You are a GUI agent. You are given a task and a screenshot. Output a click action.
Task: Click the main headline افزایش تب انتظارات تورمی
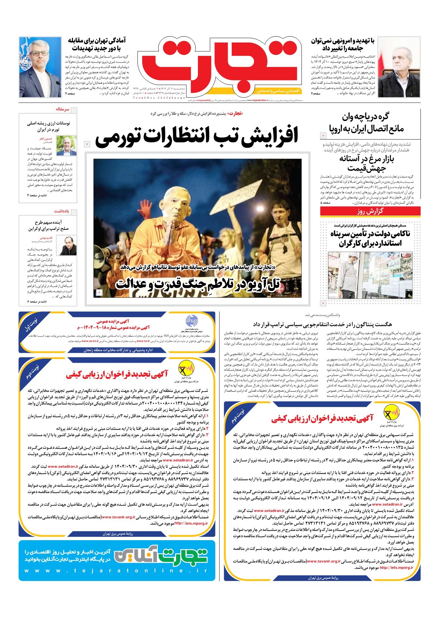tap(196, 136)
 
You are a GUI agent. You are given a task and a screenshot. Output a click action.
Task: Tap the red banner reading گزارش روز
tap(370, 211)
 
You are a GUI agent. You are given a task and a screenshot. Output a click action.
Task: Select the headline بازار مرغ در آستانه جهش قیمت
tap(367, 163)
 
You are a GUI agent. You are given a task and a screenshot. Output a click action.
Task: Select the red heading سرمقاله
tap(62, 109)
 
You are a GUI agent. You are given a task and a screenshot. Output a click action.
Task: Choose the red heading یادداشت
tap(62, 211)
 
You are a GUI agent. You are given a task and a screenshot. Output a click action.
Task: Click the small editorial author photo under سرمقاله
tap(66, 146)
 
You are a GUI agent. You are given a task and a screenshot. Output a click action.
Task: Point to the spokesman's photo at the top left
tap(40, 67)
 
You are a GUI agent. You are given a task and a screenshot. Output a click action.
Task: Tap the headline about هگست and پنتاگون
tap(322, 324)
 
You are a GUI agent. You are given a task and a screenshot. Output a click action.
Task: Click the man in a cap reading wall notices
tap(354, 273)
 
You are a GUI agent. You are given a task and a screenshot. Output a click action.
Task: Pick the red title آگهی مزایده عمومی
tap(113, 321)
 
